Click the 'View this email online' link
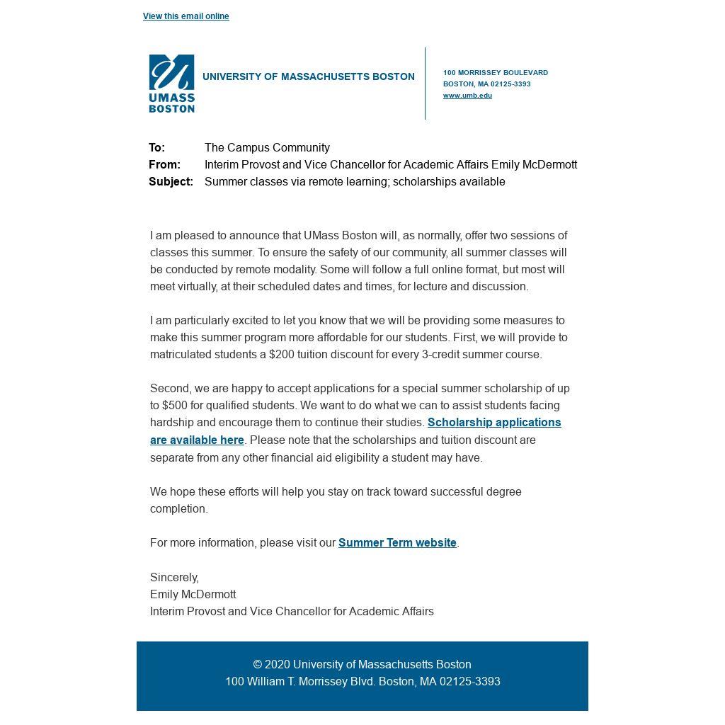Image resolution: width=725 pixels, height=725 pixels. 185,16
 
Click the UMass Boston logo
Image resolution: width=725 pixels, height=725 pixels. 171,84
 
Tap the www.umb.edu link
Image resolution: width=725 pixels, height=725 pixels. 467,96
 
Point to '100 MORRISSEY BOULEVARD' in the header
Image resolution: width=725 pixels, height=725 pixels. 496,73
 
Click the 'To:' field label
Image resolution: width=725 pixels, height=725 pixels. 156,148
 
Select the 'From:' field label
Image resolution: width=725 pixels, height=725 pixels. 164,165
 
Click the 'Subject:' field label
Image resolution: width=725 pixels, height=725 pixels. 171,182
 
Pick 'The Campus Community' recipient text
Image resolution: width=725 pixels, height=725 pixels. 267,148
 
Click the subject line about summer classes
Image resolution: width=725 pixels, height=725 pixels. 355,182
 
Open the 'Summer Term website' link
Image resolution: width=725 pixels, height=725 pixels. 397,543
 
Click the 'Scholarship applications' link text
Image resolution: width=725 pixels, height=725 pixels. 494,423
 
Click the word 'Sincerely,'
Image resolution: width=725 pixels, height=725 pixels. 174,578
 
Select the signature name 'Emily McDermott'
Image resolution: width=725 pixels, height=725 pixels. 193,595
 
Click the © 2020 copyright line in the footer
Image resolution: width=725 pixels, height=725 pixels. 362,665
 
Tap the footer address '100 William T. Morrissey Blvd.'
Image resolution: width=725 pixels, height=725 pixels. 300,682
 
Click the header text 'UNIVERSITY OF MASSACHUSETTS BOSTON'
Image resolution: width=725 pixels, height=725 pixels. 309,76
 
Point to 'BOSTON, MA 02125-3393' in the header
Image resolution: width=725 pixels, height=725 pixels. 487,84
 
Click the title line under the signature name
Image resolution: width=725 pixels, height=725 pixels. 292,612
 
